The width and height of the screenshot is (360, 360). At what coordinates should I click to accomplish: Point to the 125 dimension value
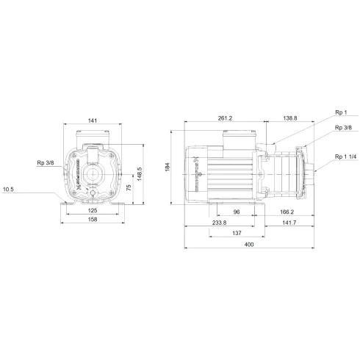point(92,209)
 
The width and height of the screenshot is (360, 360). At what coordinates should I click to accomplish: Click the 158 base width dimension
point(92,219)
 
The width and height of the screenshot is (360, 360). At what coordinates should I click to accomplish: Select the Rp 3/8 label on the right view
point(342,128)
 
